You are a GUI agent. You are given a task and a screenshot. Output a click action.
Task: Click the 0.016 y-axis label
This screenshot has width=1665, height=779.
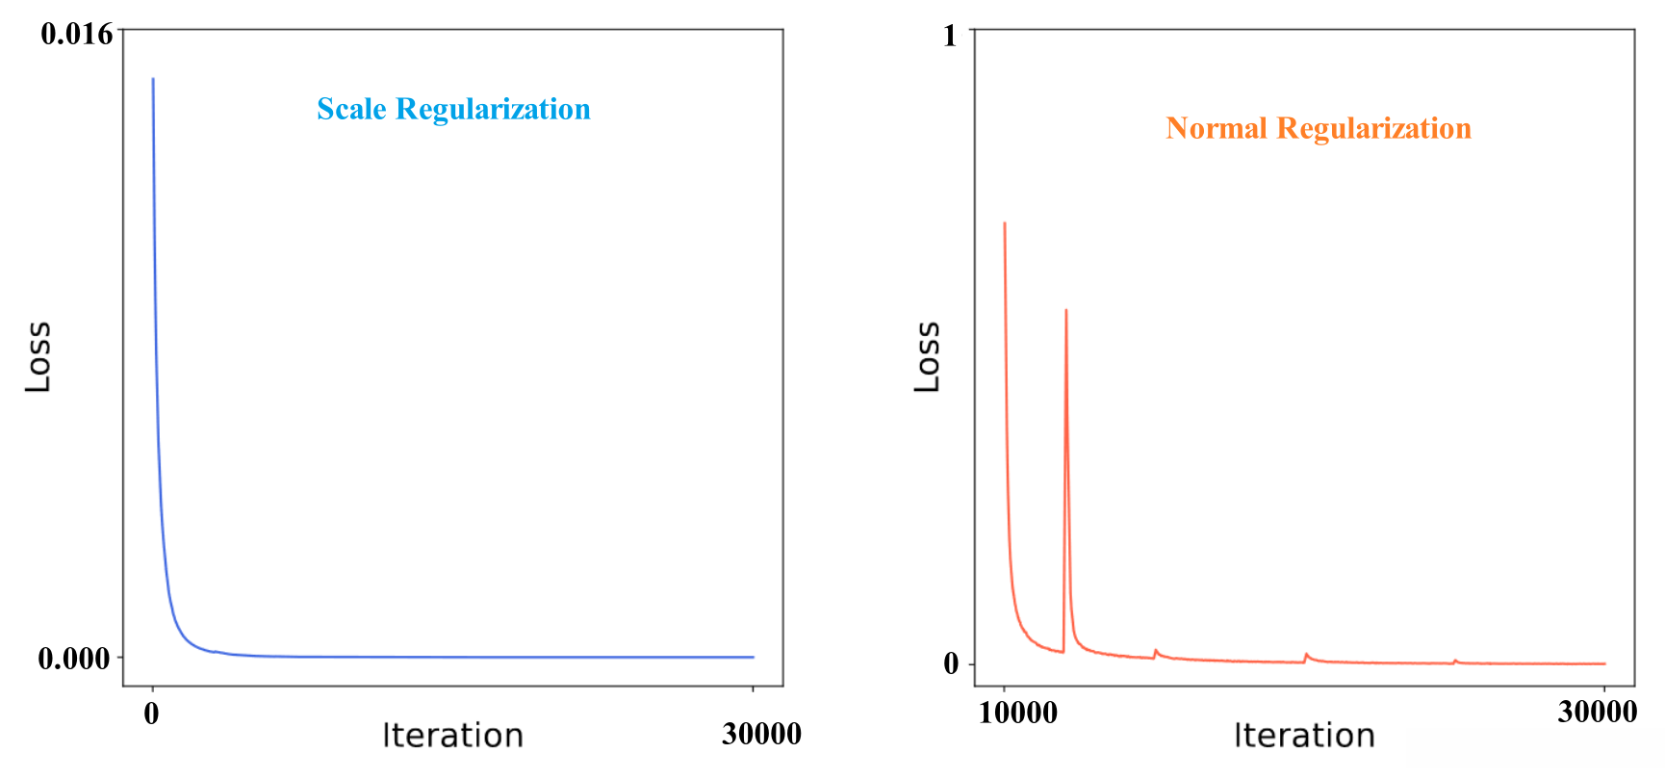[x=76, y=35]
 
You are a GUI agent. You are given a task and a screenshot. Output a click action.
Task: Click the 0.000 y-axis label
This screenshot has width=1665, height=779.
[x=74, y=659]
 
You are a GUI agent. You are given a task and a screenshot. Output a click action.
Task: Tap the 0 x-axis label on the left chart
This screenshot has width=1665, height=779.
[x=151, y=714]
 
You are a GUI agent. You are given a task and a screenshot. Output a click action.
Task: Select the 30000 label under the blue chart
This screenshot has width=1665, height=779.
[x=761, y=735]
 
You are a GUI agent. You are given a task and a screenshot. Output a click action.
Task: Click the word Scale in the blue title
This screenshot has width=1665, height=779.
[x=351, y=110]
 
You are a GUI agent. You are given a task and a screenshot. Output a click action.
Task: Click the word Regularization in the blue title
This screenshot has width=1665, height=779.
[x=493, y=110]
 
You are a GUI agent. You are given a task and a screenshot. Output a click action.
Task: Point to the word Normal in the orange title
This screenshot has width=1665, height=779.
[x=1216, y=129]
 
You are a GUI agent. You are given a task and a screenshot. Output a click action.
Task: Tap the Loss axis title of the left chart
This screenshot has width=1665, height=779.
[x=38, y=357]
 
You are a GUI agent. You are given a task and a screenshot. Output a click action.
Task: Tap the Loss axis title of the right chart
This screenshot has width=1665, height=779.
[x=927, y=357]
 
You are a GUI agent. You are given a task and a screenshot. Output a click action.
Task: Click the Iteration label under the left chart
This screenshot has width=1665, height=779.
[x=452, y=737]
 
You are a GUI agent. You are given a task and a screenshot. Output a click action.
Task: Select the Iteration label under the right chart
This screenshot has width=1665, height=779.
[x=1304, y=737]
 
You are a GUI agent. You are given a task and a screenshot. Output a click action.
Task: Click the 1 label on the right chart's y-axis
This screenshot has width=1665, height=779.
[x=950, y=36]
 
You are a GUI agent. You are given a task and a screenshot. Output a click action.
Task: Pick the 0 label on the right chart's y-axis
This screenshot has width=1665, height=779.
[x=951, y=663]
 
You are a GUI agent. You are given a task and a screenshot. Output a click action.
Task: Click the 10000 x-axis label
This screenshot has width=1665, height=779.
[x=1018, y=714]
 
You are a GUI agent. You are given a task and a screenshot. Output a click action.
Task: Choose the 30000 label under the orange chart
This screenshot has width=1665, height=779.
[x=1597, y=713]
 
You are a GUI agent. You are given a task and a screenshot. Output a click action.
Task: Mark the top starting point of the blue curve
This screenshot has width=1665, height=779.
[x=153, y=80]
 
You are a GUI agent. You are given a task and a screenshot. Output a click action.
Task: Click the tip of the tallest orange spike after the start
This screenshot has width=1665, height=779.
[x=1066, y=311]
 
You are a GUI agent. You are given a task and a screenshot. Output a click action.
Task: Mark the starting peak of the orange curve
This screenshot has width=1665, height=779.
[x=1005, y=224]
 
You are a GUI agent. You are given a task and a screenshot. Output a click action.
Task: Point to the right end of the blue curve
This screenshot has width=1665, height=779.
[x=753, y=658]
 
